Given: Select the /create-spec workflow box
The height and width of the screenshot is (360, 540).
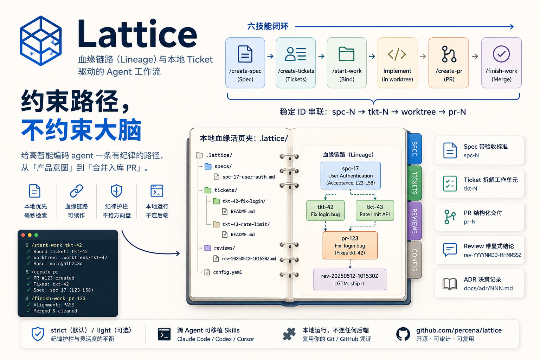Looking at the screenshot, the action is tap(245, 63).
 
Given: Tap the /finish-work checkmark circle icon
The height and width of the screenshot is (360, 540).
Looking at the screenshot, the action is tap(501, 54).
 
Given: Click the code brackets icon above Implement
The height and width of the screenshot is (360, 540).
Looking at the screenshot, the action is tap(397, 54).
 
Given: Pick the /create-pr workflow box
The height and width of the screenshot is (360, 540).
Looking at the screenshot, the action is tap(449, 63).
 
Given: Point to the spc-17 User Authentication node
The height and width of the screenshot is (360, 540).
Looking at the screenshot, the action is tap(351, 175).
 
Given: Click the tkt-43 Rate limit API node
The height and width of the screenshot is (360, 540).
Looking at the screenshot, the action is tap(375, 211).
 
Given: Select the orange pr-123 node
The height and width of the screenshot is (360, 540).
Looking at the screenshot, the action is tap(350, 245).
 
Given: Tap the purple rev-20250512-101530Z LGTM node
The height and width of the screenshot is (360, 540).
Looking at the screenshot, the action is tap(350, 279).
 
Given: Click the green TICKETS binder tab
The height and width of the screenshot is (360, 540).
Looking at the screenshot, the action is tap(414, 183).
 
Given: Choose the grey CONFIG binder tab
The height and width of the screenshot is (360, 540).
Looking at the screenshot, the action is tap(414, 260).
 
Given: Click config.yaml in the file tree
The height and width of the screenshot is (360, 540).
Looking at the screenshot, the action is tap(227, 272).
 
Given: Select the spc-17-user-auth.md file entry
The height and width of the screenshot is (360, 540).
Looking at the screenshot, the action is tap(248, 177).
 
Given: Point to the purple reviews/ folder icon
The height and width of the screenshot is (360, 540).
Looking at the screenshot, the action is tap(208, 248).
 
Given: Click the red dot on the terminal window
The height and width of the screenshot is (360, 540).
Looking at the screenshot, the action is tap(24, 235).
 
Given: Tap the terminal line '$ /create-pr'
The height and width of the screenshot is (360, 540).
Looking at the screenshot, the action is tap(42, 272).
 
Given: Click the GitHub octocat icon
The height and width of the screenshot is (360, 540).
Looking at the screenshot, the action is tap(403, 334).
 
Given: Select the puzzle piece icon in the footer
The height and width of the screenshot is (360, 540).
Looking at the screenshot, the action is tap(289, 334).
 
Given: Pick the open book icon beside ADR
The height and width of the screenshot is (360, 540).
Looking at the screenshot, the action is tap(450, 284).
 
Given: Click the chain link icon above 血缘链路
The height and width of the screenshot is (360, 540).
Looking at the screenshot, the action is tap(76, 191).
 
